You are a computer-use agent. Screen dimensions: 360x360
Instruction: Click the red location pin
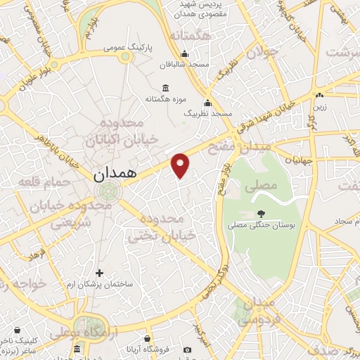pos(181,165)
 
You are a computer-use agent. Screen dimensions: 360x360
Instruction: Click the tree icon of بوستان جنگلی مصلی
pos(262,213)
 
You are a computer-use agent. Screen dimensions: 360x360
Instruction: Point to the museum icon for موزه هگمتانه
pos(165,88)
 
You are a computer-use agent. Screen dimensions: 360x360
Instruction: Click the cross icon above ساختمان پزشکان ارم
pos(99,273)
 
